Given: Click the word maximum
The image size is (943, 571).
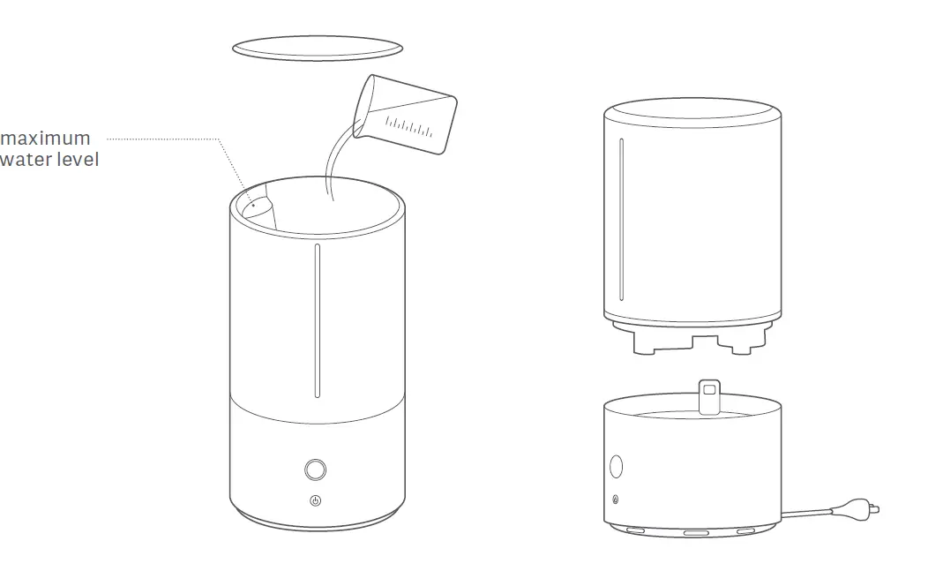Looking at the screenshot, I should [x=45, y=139].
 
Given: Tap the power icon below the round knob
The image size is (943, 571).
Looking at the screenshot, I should [x=316, y=500].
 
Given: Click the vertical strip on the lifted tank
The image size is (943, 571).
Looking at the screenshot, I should [x=622, y=220].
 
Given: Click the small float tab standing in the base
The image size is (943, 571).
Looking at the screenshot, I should [x=708, y=394].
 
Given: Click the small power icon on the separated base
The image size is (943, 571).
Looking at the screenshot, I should [x=615, y=500].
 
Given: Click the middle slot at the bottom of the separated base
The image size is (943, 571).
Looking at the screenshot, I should [x=693, y=533].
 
